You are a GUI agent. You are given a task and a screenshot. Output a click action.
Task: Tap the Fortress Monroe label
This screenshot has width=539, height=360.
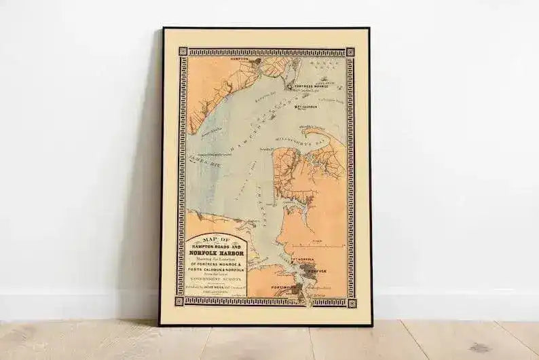click(x=312, y=86)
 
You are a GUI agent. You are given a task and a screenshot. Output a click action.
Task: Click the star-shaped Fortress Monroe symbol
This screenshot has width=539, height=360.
click(x=289, y=87)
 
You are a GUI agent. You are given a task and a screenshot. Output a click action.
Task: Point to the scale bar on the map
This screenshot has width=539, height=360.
click(x=324, y=244)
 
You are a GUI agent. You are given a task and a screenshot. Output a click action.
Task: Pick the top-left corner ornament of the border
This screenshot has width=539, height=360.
click(x=182, y=52)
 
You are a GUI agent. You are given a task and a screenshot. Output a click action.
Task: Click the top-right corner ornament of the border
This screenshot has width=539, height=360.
click(x=350, y=52)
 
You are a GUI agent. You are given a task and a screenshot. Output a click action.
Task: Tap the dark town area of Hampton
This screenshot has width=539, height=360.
click(x=256, y=62)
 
